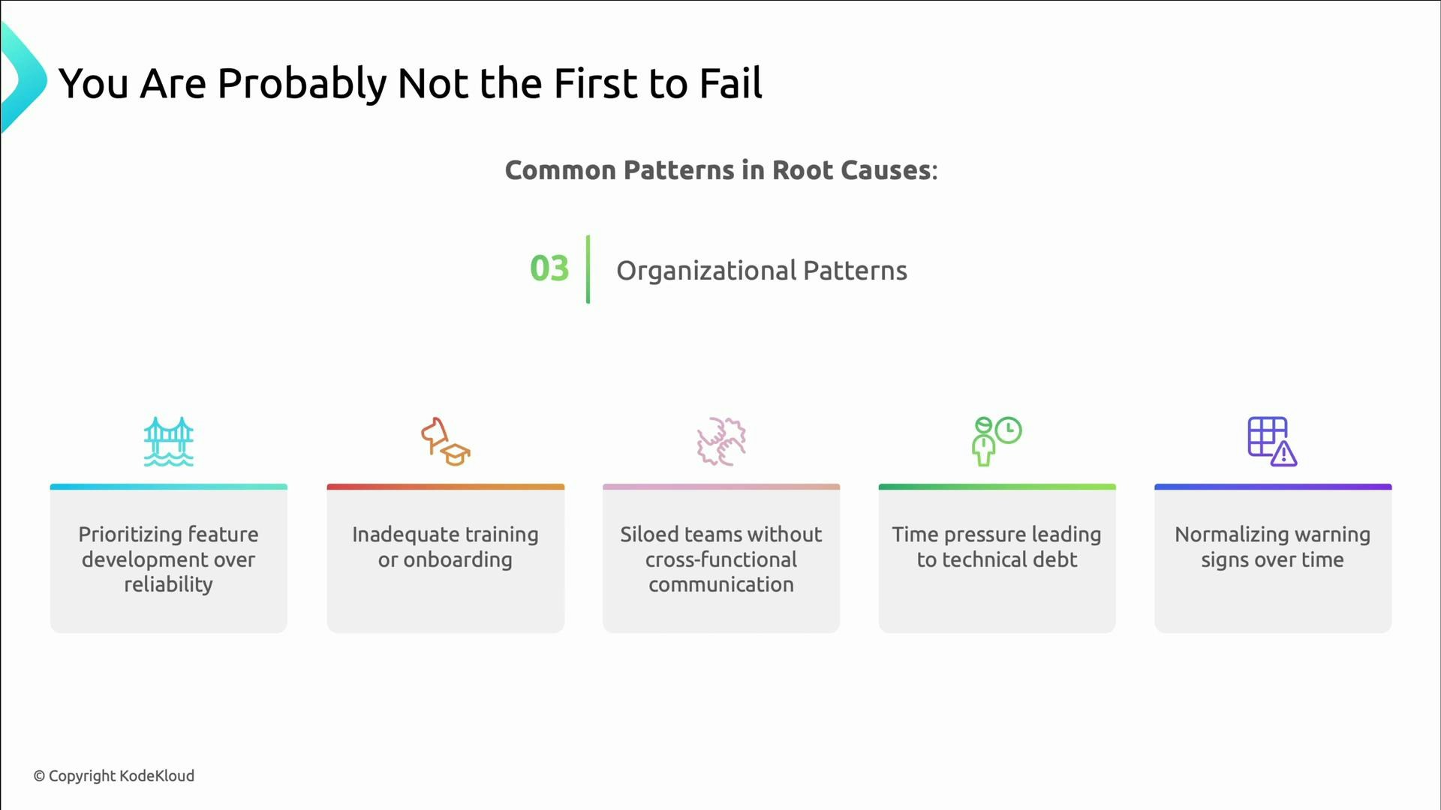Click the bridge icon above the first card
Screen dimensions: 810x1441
click(x=168, y=442)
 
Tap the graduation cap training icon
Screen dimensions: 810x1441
click(x=446, y=442)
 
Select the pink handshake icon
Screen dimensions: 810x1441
click(x=721, y=442)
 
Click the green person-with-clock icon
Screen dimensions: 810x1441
click(x=997, y=442)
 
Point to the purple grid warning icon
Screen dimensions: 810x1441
click(x=1272, y=442)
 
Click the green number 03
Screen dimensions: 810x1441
click(x=549, y=268)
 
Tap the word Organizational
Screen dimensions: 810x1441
click(x=705, y=271)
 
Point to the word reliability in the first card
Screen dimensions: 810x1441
click(x=168, y=585)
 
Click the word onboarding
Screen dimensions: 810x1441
click(x=458, y=560)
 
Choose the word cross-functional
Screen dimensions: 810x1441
click(x=721, y=560)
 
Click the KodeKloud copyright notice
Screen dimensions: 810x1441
click(x=114, y=775)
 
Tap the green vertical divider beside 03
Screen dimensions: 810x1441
click(x=588, y=269)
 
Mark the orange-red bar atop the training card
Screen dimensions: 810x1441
click(x=446, y=487)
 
